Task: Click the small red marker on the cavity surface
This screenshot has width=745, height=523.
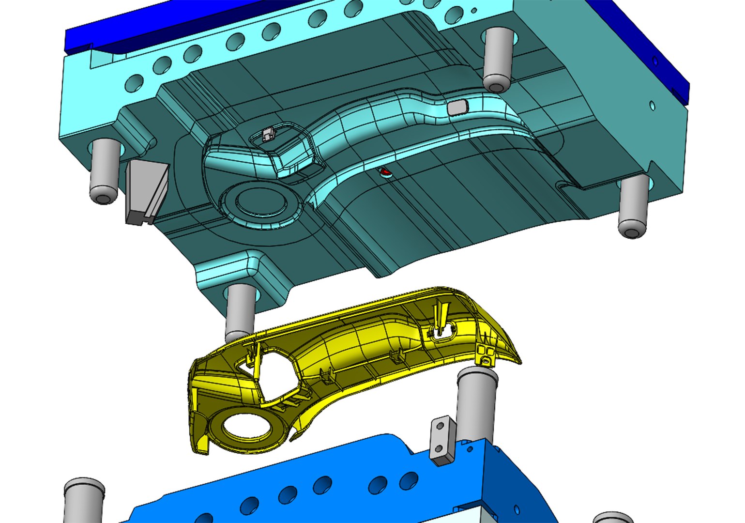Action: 385,171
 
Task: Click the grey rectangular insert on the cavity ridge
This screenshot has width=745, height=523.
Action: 456,108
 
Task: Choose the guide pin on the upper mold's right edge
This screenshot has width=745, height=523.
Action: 634,206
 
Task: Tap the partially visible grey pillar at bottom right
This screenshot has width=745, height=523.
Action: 612,517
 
